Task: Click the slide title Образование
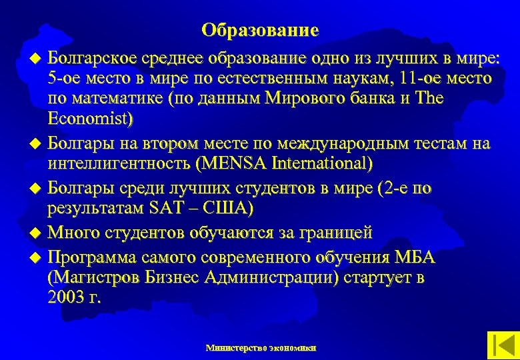(260, 31)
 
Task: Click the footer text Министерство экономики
(261, 347)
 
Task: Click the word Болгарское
(94, 56)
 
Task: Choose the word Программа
(93, 257)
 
